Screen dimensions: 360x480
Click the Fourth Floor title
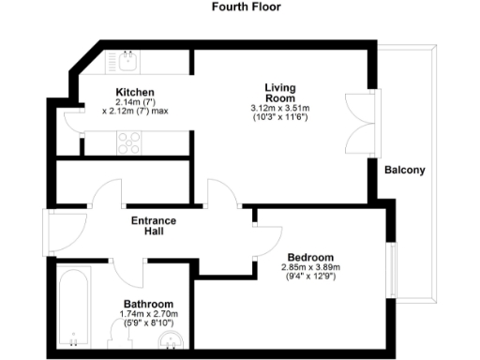(240, 7)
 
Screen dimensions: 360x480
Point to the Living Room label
(280, 92)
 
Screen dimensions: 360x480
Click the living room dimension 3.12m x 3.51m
(280, 108)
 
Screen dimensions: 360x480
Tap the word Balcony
(405, 171)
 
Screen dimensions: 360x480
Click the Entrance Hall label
(154, 226)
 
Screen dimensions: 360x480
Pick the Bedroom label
(310, 256)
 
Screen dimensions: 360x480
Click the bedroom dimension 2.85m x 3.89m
(310, 267)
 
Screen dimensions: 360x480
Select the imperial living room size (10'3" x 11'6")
(280, 117)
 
